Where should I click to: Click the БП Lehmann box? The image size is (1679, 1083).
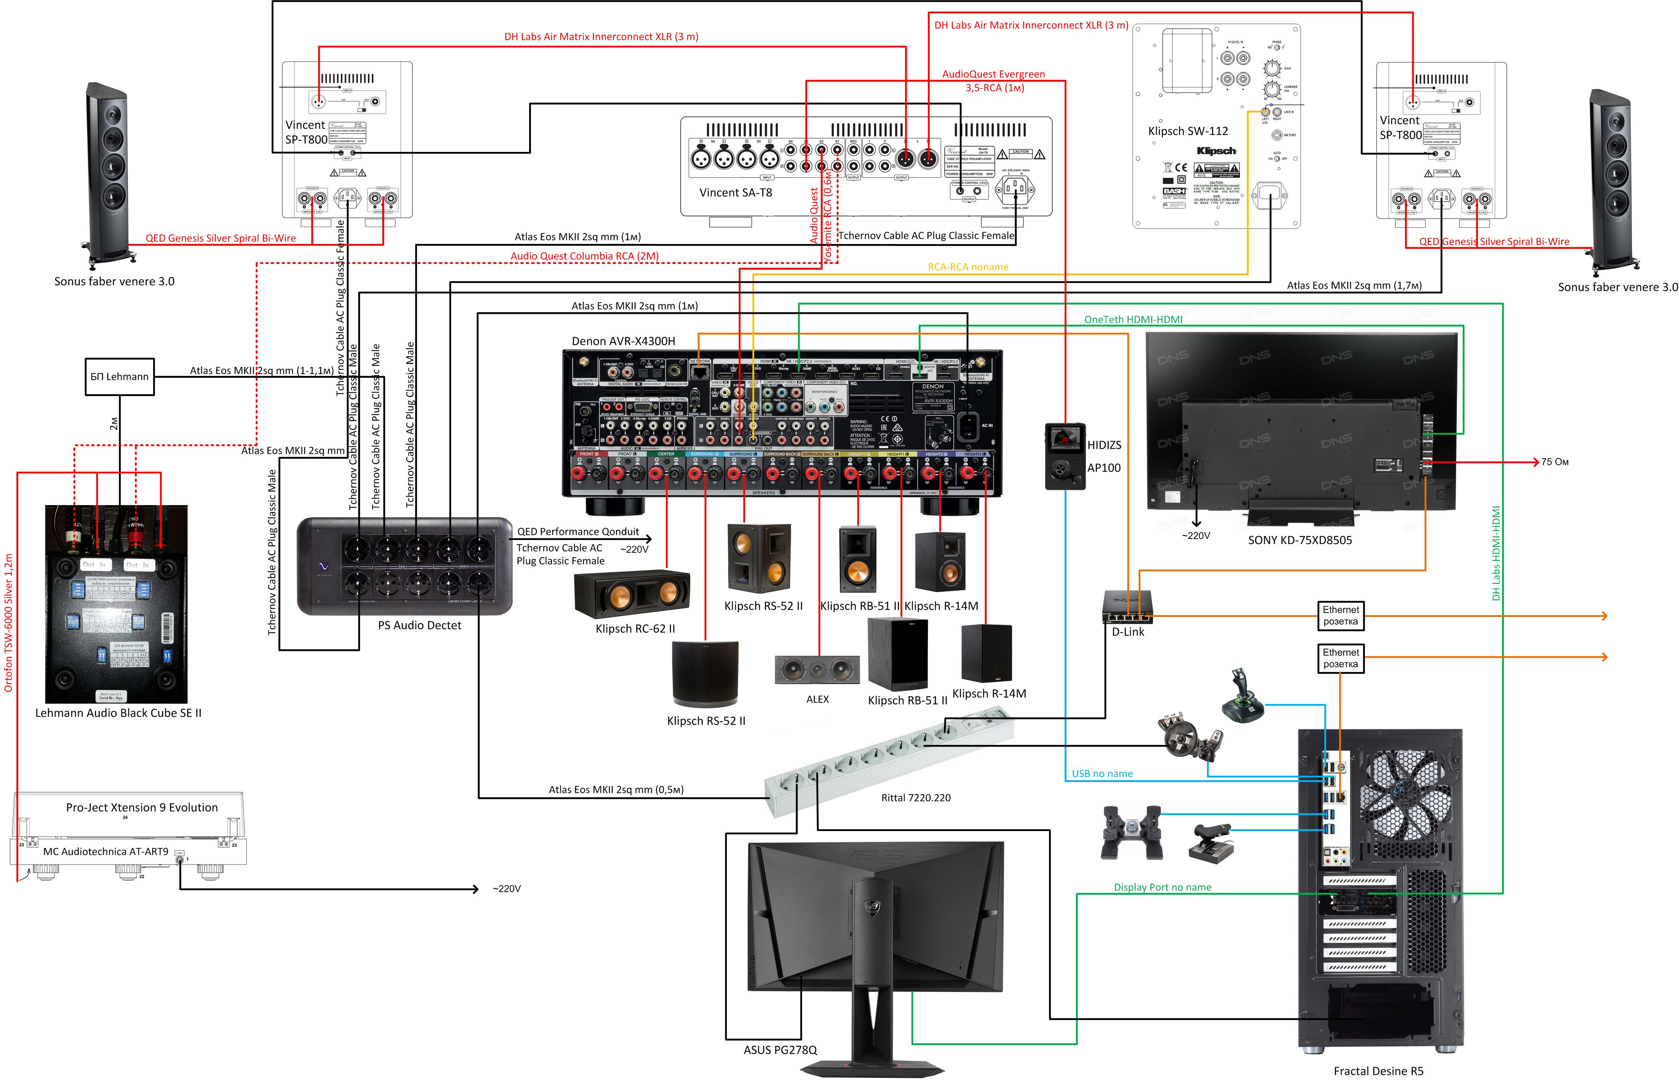(x=119, y=377)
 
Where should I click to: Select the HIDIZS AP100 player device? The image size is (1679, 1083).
(x=1065, y=456)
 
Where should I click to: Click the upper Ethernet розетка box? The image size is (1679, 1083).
(x=1340, y=615)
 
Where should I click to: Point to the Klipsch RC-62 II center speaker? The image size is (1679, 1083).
(x=632, y=594)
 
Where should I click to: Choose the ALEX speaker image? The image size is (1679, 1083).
(x=817, y=669)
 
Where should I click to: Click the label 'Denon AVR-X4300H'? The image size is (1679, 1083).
(x=623, y=341)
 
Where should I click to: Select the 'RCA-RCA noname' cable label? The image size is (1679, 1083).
(x=968, y=267)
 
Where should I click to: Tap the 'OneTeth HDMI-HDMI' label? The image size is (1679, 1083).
(x=1133, y=319)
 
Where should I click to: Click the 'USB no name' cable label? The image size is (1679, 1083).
(x=1102, y=774)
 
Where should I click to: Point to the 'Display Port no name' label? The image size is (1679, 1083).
(x=1162, y=887)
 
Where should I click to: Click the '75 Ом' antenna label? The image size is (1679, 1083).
(x=1554, y=462)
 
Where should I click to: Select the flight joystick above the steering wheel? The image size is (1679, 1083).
(x=1242, y=696)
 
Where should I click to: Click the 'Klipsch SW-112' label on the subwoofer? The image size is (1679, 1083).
(x=1188, y=131)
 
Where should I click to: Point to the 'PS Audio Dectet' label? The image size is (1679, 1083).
(x=419, y=625)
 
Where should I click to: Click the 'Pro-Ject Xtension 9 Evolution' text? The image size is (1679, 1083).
(x=142, y=807)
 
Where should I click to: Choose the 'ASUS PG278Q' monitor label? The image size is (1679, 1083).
(x=780, y=1050)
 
